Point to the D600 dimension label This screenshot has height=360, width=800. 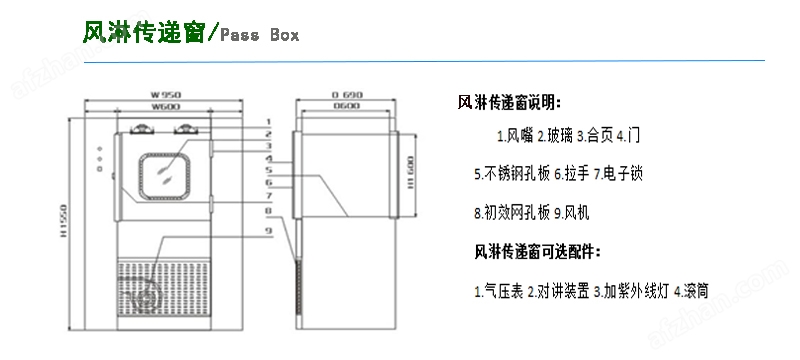coord(346,105)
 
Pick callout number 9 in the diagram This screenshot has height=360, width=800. coord(268,231)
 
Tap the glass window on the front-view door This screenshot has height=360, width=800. coord(163,173)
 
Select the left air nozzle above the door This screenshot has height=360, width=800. coord(141,127)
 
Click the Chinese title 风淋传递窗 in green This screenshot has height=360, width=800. coord(143,33)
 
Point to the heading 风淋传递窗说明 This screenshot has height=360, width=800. coord(509,102)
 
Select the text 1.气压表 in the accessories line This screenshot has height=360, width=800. coord(497,292)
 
